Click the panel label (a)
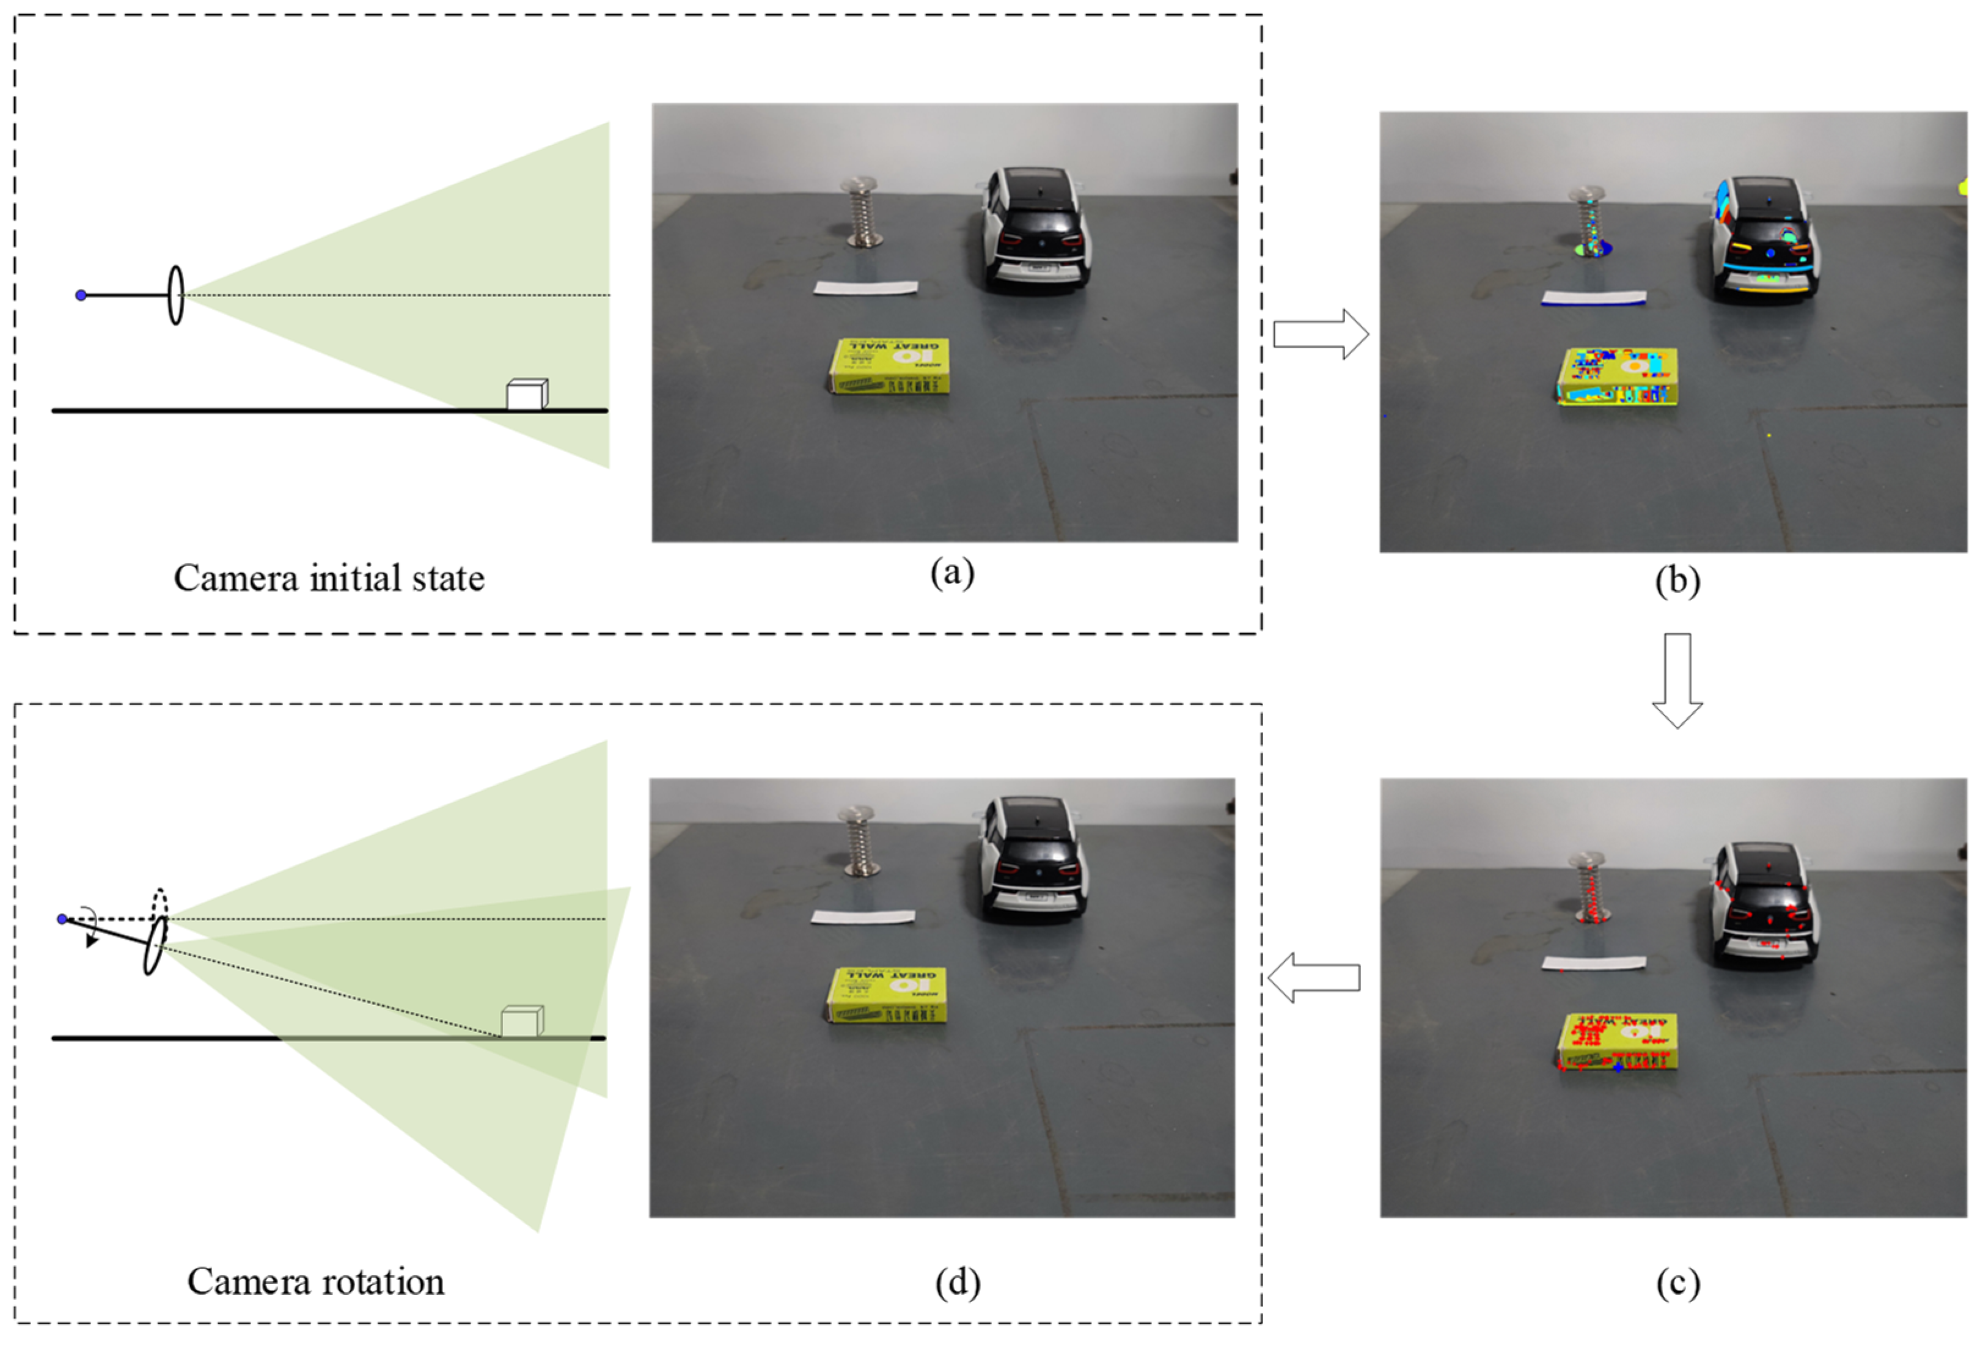pos(952,573)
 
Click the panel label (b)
pos(1677,581)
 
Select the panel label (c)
pos(1677,1284)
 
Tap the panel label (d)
pos(957,1283)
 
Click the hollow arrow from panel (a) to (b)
pos(1320,334)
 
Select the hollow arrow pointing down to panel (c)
pos(1677,679)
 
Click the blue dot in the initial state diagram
pos(81,296)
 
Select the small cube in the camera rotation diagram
pos(521,1021)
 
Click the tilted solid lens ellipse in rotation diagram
pos(154,945)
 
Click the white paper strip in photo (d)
pos(862,917)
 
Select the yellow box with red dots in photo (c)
pos(1617,1041)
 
